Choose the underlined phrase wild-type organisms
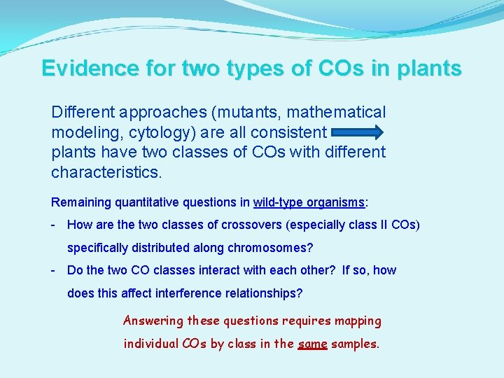[309, 202]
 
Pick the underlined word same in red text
[312, 344]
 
